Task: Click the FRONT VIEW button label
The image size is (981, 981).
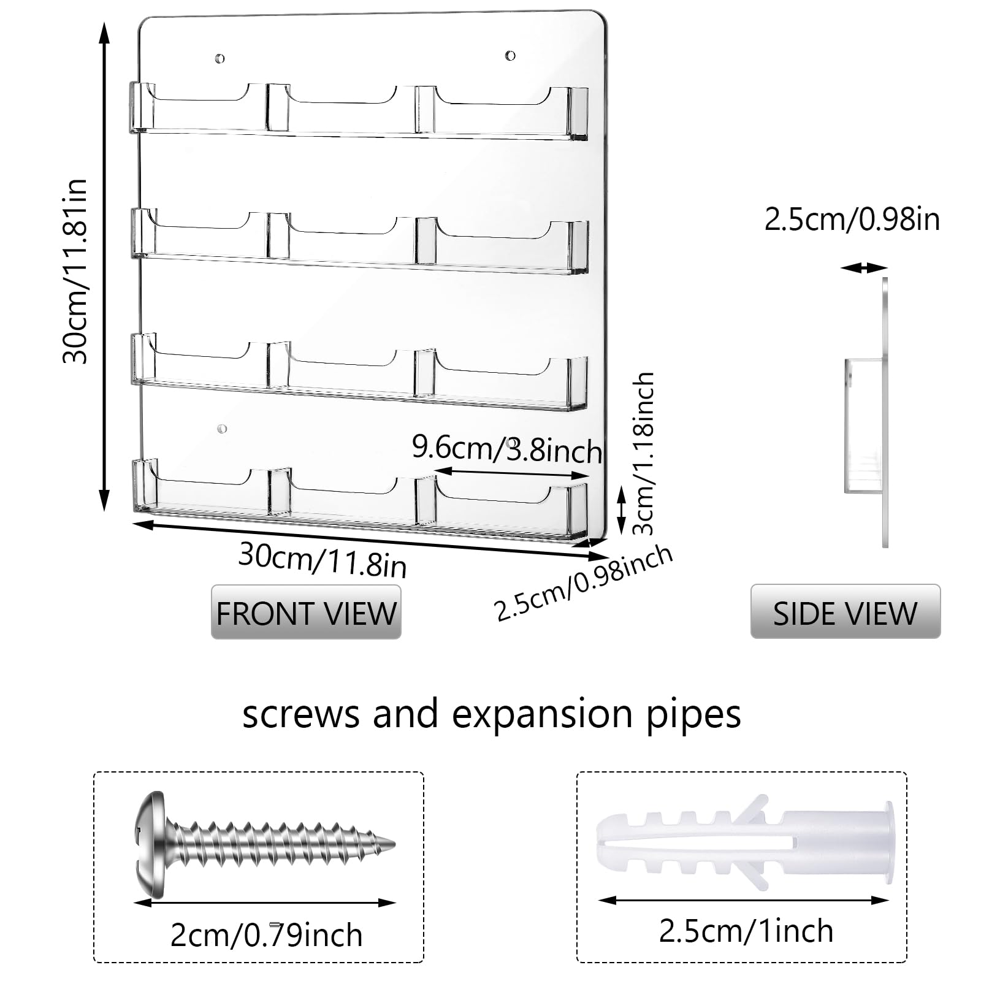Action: tap(306, 613)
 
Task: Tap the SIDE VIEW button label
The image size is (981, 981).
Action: tap(845, 613)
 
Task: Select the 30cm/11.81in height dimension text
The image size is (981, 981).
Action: tap(75, 271)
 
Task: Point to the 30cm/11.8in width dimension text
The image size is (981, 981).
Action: tap(323, 559)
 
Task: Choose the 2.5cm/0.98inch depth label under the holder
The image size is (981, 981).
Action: tap(584, 582)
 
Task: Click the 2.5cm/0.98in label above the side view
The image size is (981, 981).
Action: tap(852, 219)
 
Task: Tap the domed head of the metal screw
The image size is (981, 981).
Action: tap(150, 844)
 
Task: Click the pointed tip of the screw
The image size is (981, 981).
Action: tap(394, 844)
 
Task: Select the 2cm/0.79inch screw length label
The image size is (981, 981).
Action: tap(266, 935)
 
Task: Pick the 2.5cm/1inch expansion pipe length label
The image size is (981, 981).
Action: tap(746, 931)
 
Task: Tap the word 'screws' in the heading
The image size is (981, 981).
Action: tap(300, 715)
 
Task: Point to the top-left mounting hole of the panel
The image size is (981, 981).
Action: tap(219, 59)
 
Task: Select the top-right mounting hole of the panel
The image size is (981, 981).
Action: tap(510, 56)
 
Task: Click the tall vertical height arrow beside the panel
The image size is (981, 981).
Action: tap(104, 266)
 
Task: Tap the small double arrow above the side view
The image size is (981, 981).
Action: tap(864, 267)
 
